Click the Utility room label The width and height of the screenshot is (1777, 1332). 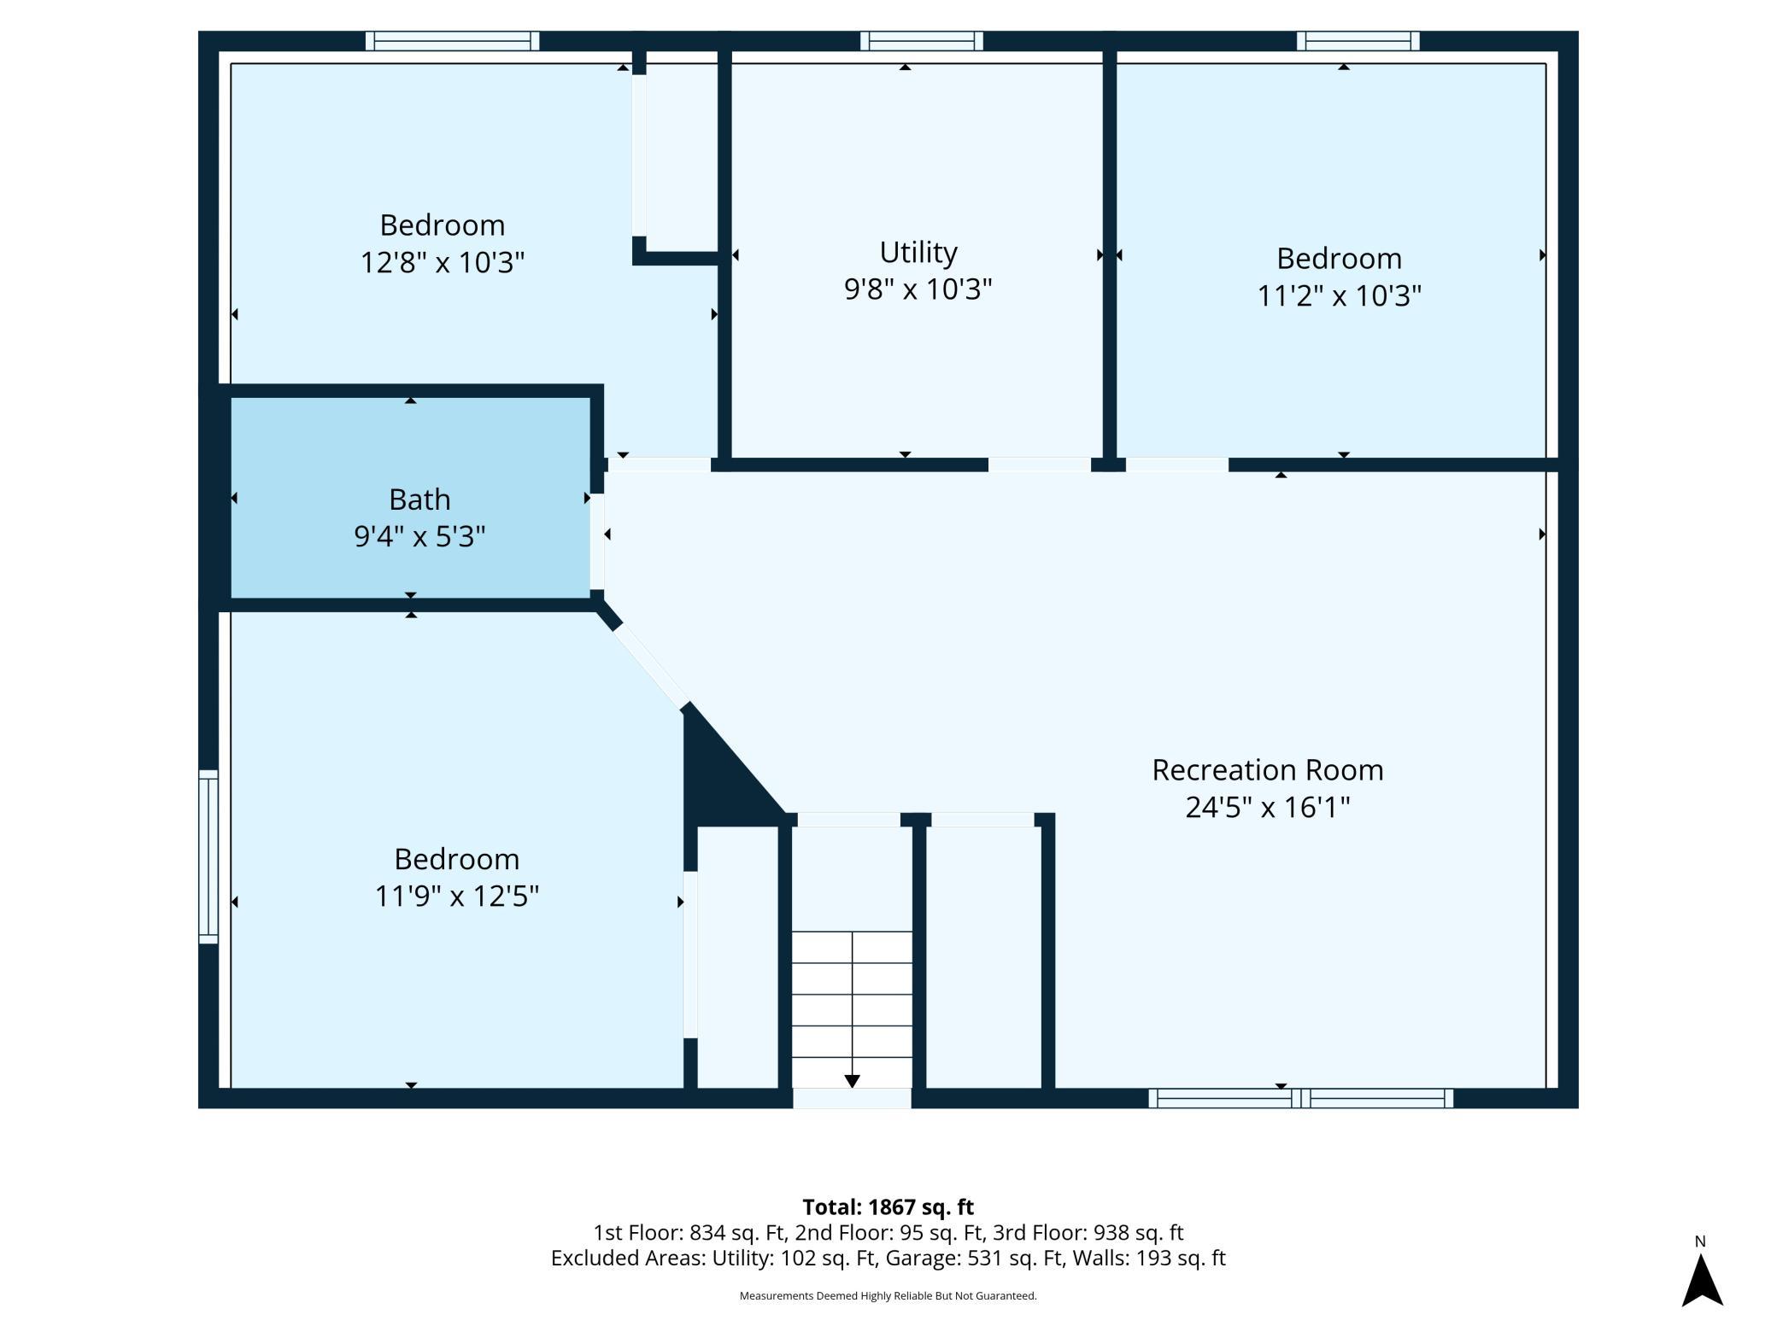coord(918,253)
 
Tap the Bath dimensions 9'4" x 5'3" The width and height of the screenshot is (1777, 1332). coord(419,536)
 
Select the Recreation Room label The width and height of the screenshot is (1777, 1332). coord(1267,770)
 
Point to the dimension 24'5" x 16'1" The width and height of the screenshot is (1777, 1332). coord(1267,807)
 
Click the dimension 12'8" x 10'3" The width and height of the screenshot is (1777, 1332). coord(442,262)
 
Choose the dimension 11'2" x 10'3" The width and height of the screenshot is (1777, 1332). coord(1339,295)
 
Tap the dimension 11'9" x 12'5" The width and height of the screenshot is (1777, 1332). coord(457,896)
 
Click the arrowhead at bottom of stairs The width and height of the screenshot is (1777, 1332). coord(852,1081)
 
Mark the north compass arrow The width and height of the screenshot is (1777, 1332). coord(1702,1280)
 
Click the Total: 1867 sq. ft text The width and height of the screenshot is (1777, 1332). coord(888,1206)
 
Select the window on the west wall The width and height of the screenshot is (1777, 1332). coord(208,856)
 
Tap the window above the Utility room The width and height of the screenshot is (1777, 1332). coord(921,41)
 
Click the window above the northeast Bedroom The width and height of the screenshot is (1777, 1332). coord(1358,41)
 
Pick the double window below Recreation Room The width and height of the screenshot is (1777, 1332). coord(1300,1098)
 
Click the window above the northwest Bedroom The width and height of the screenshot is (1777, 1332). coord(452,41)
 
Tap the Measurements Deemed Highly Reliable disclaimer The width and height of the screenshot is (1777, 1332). coord(888,1295)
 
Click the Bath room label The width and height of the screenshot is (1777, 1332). coord(419,499)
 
